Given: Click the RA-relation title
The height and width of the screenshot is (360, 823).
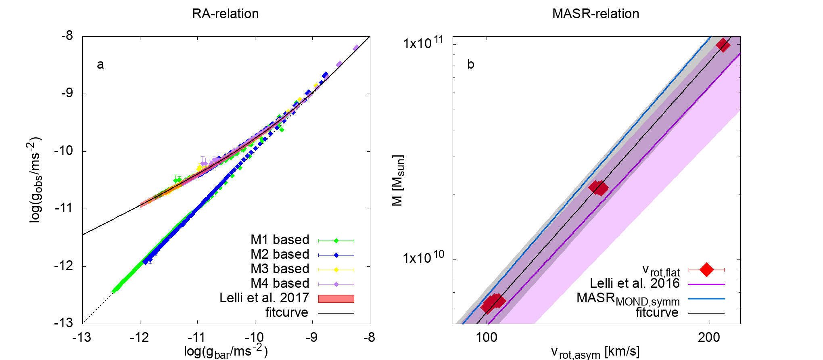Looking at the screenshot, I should pos(225,14).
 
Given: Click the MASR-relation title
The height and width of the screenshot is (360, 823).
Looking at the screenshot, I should pos(595,14).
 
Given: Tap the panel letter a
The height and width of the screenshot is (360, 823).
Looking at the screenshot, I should pos(100,65).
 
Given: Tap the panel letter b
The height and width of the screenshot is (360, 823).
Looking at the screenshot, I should pos(470,65).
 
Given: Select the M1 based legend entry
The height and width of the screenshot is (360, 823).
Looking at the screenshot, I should pos(280,240).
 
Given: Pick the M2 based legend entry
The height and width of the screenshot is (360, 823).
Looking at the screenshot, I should pos(280,254).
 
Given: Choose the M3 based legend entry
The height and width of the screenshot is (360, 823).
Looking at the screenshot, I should pos(280,269).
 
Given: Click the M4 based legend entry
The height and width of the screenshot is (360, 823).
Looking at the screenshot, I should pos(280,283).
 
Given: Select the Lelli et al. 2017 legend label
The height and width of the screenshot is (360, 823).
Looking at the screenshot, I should pos(264,298).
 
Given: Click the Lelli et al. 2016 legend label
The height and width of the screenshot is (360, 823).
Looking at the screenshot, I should pos(635,283).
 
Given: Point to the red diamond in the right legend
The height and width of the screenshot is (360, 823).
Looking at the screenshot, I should pos(706,269).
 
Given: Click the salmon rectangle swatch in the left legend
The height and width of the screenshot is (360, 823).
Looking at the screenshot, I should pos(336,299).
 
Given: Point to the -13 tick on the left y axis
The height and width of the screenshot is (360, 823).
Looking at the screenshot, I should pos(64,323).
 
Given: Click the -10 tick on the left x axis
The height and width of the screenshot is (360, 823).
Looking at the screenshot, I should pos(255,337).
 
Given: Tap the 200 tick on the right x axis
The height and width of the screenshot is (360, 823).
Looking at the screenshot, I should pos(709,337).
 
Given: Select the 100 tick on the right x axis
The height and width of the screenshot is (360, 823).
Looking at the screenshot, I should pos(487,337).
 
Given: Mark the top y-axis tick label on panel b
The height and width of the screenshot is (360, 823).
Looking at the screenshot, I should pos(423,42).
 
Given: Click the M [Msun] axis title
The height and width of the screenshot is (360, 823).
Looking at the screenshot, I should pos(398,180).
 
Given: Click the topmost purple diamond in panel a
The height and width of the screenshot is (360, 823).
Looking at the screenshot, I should pos(356,48).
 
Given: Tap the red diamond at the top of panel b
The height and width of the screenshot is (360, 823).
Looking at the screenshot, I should pos(723,45).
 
